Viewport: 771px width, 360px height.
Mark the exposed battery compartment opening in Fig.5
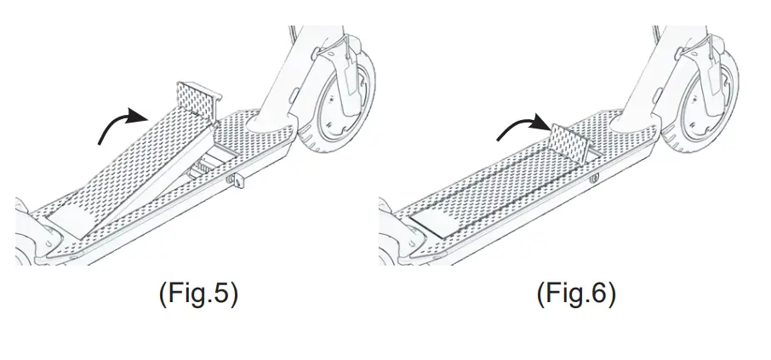[208, 162]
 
